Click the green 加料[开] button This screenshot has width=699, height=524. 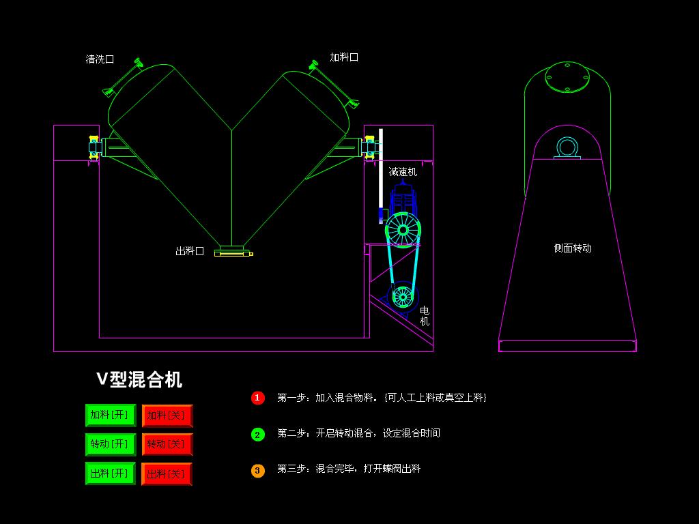[x=111, y=416]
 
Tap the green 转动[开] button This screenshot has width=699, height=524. [x=111, y=444]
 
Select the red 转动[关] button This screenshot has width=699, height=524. [x=167, y=444]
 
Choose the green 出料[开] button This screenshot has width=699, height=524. [x=111, y=474]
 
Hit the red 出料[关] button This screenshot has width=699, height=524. [x=167, y=474]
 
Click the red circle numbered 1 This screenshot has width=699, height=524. [x=257, y=398]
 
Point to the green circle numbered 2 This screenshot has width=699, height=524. [x=257, y=435]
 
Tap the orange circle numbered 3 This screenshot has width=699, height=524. [x=257, y=471]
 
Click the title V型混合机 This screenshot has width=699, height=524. [x=139, y=379]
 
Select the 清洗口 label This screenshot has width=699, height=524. [x=100, y=59]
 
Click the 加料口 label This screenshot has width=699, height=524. [x=344, y=57]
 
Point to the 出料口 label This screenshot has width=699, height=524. [x=190, y=251]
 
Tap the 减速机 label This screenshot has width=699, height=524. [x=403, y=172]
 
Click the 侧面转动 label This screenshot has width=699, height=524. [x=573, y=248]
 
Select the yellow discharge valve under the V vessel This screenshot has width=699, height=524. [x=233, y=253]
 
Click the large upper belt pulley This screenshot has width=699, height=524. [x=403, y=230]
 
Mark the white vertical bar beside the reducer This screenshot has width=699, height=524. [x=381, y=176]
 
